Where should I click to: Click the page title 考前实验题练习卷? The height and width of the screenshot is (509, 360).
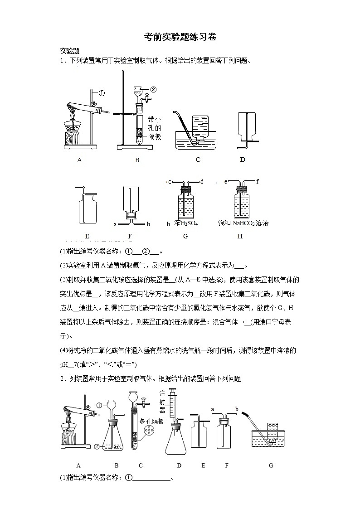[x=180, y=37]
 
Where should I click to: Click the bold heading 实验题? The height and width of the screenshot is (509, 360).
[x=70, y=51]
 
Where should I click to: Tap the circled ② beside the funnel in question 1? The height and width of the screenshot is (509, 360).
[x=153, y=89]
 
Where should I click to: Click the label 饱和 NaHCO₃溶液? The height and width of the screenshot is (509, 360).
[x=243, y=223]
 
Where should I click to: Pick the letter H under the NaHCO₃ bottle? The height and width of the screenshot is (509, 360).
[x=240, y=236]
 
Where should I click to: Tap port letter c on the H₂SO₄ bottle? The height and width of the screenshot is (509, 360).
[x=169, y=182]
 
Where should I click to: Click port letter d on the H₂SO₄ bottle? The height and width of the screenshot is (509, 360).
[x=202, y=182]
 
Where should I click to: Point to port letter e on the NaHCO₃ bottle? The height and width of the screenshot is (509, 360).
[x=225, y=182]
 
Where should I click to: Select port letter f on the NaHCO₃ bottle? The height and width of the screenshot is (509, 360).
[x=258, y=182]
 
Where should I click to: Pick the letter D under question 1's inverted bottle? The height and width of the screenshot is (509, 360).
[x=243, y=160]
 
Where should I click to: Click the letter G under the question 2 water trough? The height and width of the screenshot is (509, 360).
[x=271, y=465]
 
